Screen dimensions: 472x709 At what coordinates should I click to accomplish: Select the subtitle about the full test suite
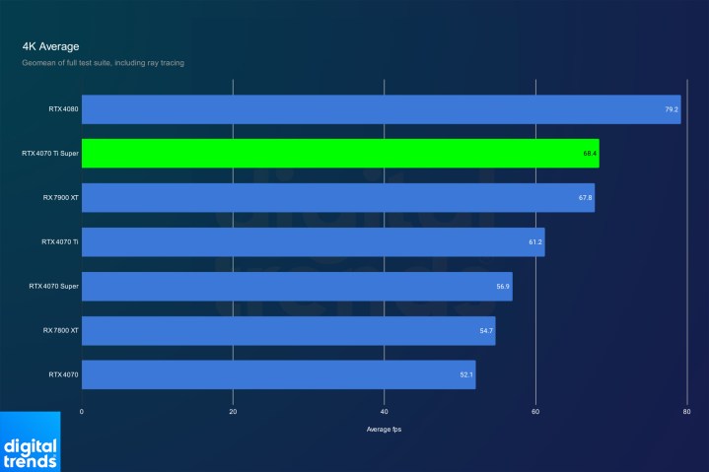coord(103,63)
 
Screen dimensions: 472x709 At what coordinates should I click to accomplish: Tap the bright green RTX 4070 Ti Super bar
coord(339,154)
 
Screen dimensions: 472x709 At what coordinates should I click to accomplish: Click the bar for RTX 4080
coord(381,109)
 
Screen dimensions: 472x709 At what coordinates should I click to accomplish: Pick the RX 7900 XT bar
coord(337,198)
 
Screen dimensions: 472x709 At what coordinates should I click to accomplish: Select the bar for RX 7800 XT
coord(288,330)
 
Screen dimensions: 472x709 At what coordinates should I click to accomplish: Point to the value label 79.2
coord(672,109)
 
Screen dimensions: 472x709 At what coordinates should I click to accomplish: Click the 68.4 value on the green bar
coord(590,154)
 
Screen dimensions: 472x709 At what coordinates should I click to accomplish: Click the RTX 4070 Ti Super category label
coord(49,154)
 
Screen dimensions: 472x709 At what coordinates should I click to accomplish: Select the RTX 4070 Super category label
coord(54,287)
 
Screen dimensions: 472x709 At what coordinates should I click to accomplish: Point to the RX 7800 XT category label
coord(60,330)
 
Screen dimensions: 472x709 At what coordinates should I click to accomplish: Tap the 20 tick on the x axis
coord(233,411)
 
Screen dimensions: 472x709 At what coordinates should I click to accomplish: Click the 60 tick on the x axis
coord(535,411)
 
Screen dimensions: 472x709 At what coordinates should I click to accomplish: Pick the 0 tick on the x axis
coord(82,411)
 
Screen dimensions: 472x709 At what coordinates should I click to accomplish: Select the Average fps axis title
coord(385,430)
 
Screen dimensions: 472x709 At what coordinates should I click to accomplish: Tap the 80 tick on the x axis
coord(686,411)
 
